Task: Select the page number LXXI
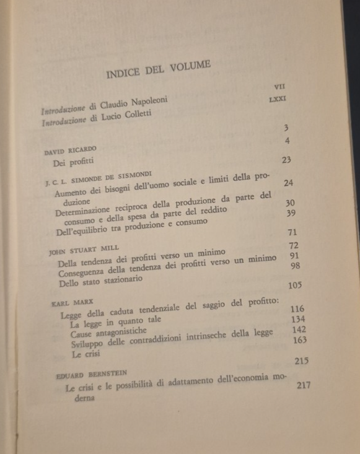[280, 98]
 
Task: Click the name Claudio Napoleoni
[134, 102]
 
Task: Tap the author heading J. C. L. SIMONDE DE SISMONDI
[99, 180]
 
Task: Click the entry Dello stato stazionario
[101, 281]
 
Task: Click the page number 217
[304, 385]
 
